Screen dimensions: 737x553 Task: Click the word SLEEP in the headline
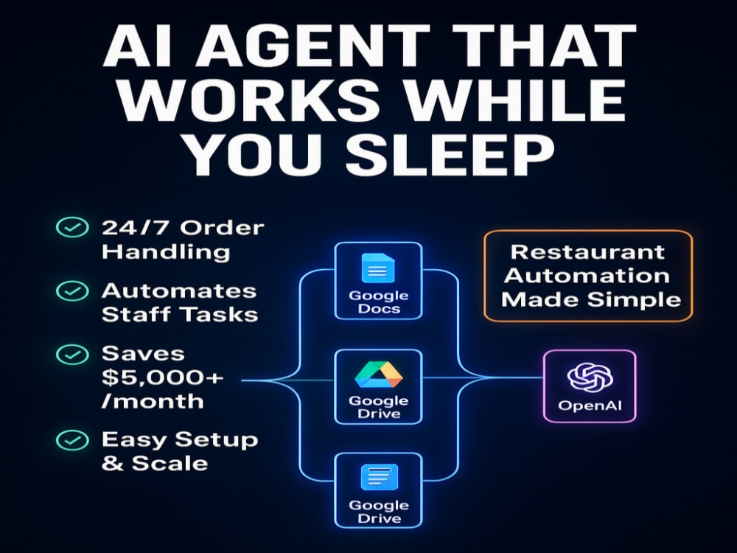(450, 153)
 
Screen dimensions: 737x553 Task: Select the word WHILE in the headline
(516, 100)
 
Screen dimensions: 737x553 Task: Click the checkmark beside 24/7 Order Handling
(72, 228)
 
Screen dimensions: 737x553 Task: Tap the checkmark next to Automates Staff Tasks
(72, 291)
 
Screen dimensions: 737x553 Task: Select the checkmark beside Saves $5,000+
(72, 354)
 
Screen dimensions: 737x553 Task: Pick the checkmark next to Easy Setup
(72, 441)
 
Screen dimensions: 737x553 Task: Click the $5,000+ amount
(163, 377)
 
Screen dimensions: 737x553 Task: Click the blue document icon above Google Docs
(378, 268)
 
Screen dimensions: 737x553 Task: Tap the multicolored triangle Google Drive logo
(378, 375)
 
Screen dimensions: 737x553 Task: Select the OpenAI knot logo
(590, 377)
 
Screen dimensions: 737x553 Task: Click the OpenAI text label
(590, 406)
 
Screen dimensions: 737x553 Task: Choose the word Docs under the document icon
(379, 309)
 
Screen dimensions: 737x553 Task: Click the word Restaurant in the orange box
(587, 252)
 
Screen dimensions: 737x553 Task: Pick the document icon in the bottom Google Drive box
(379, 477)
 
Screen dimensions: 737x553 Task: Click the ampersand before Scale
(112, 463)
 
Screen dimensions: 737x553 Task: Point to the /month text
(153, 401)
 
